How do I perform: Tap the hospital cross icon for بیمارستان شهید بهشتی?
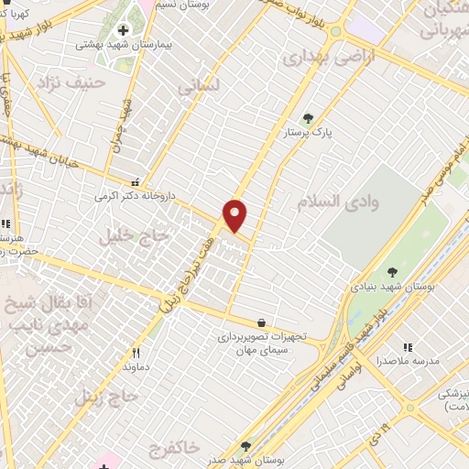124,30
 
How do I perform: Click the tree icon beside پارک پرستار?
308,117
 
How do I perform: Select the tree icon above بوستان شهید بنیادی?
392,271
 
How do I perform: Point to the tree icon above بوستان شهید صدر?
245,445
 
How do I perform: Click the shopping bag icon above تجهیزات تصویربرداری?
263,322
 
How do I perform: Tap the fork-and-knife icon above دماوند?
136,353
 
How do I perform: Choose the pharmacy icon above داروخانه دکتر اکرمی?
136,181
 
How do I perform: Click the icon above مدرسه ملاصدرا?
408,347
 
